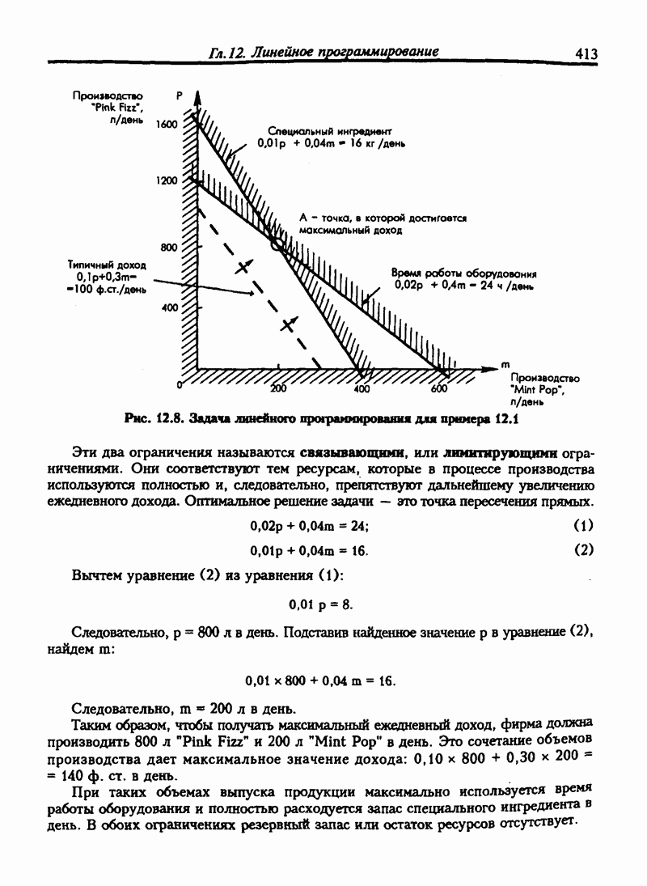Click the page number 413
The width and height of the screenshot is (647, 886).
586,53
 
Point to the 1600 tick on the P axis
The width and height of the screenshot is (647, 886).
165,125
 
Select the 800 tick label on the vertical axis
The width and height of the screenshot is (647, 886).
169,248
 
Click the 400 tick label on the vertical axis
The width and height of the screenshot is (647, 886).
169,308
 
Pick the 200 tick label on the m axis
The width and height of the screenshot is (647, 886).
278,389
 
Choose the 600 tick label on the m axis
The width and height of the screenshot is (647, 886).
439,389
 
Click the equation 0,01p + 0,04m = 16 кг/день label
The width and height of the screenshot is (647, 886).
332,142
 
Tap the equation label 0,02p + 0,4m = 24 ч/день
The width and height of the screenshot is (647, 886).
465,285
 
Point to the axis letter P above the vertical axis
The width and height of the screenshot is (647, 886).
179,95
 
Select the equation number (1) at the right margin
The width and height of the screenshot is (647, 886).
583,525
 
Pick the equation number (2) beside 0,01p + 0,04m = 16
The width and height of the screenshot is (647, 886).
583,549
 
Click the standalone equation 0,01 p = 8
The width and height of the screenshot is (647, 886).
320,604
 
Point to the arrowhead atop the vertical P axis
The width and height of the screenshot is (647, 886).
198,95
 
